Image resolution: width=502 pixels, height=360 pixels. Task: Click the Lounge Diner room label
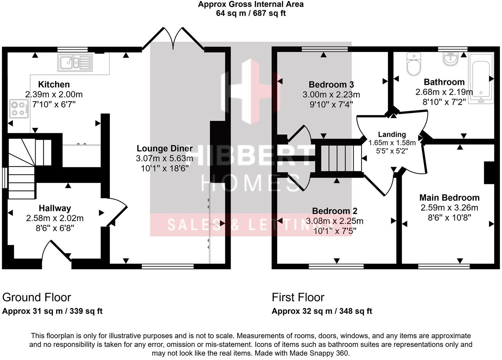164,148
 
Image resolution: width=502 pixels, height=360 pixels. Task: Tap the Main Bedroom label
449,198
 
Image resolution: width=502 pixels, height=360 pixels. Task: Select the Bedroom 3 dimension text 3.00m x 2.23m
331,95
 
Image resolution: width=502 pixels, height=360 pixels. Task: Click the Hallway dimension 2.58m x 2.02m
55,218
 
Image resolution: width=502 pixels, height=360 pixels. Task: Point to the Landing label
392,135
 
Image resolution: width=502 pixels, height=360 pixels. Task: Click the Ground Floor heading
37,297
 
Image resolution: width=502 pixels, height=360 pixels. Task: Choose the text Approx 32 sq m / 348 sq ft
322,311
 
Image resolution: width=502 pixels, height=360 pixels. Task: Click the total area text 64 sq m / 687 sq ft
251,13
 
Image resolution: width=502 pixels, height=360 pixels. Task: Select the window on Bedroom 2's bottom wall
336,266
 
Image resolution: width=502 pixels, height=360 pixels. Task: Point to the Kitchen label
54,85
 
